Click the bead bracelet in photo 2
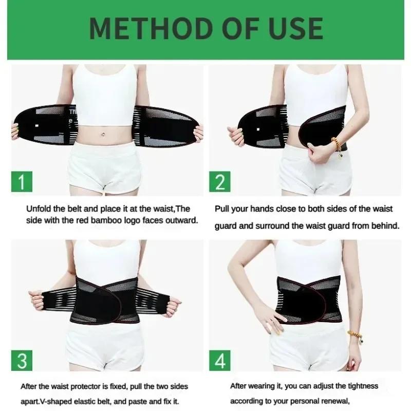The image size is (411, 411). [x=337, y=144]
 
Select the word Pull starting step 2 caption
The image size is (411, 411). [x=222, y=209]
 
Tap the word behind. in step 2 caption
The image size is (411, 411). [x=386, y=225]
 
